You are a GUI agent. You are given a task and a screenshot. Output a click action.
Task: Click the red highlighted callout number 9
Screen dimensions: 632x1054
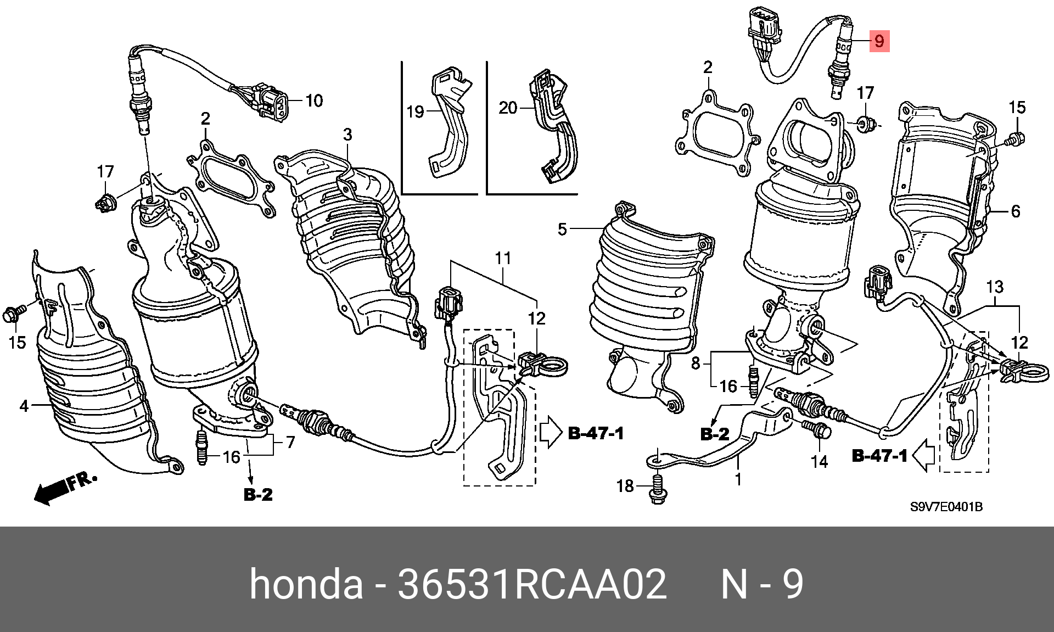tap(879, 41)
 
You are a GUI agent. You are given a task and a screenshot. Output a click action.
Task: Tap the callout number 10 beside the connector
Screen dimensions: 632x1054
tap(314, 100)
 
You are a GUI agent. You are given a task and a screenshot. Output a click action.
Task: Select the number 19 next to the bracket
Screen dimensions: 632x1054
tap(415, 112)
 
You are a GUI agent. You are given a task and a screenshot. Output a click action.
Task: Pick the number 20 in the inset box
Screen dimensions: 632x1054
tap(508, 108)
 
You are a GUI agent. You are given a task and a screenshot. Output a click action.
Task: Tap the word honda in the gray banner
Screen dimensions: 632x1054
tap(306, 584)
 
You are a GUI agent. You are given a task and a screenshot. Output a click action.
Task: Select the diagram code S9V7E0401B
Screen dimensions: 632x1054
tap(946, 507)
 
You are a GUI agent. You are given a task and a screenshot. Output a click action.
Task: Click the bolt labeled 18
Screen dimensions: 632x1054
tap(658, 488)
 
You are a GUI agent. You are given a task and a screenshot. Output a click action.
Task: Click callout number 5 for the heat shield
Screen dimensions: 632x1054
tap(562, 229)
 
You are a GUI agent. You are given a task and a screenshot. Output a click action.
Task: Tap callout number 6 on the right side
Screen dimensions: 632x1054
tap(1015, 211)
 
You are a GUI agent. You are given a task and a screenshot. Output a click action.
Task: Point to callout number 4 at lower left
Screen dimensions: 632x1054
tap(24, 406)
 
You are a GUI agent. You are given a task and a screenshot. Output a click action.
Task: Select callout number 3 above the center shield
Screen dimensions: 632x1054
tap(347, 135)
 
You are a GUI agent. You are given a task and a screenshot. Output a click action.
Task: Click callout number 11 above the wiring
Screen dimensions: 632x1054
tap(503, 258)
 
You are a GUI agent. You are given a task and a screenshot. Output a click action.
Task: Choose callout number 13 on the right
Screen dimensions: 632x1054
tap(995, 287)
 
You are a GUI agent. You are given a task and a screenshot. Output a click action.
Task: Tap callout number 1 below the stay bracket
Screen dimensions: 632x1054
tap(738, 479)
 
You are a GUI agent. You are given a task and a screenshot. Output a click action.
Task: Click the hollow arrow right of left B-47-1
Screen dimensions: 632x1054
tap(551, 432)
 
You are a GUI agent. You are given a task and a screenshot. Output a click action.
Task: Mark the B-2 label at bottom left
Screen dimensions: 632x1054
tap(258, 495)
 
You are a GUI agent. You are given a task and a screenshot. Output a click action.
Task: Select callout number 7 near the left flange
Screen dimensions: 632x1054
tap(290, 442)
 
